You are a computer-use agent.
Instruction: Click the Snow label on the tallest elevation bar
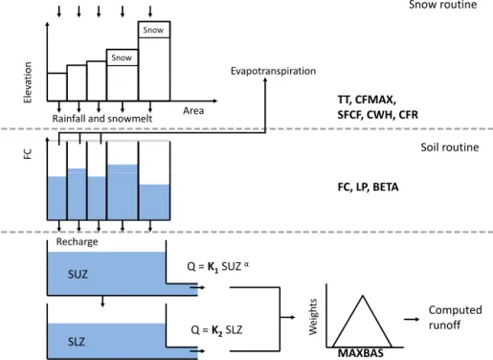click(x=153, y=30)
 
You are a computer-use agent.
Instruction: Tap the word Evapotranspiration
click(x=273, y=71)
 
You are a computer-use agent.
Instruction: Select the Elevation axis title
click(x=28, y=82)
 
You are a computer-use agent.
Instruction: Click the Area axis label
click(x=193, y=110)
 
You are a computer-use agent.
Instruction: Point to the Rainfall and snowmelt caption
click(x=102, y=119)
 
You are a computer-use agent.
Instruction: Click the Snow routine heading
click(x=443, y=5)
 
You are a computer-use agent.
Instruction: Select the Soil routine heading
click(x=450, y=147)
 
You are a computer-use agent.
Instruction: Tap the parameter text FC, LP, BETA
click(x=368, y=187)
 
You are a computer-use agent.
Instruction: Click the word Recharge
click(x=77, y=241)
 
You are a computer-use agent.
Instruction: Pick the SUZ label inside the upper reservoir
click(x=78, y=274)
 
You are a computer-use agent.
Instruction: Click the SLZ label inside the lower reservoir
click(x=77, y=342)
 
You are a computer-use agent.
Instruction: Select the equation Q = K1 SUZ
click(x=218, y=266)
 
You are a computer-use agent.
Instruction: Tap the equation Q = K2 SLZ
click(x=216, y=330)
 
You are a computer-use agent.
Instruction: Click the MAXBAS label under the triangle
click(x=361, y=353)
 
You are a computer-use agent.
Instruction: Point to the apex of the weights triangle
click(x=363, y=296)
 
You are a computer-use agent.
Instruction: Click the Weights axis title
click(x=313, y=317)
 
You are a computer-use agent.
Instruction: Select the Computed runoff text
click(x=455, y=317)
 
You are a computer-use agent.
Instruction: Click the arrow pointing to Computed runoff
click(x=412, y=319)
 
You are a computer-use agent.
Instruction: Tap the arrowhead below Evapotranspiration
click(x=265, y=80)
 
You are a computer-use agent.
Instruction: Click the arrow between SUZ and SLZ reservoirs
click(x=102, y=302)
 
